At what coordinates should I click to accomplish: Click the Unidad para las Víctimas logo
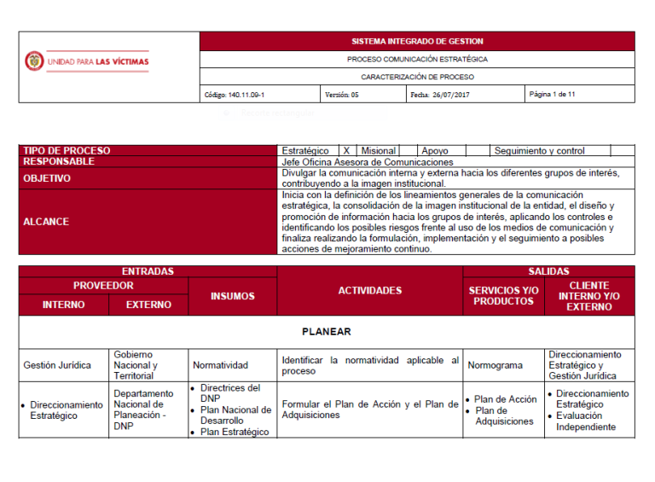pos(86,61)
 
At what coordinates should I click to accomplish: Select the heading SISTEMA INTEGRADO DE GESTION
pos(417,41)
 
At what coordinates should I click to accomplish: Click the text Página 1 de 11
pos(552,94)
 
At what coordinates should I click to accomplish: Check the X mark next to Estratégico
pos(346,151)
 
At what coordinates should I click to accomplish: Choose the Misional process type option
pos(379,151)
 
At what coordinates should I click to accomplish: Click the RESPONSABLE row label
pos(59,161)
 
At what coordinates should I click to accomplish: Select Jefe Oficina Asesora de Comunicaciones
pos(367,162)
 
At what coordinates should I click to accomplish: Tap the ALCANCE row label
pos(47,222)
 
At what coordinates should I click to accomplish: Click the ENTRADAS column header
pos(148,271)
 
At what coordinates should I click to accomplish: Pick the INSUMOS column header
pos(233,296)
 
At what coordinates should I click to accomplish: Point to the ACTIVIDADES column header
pos(369,291)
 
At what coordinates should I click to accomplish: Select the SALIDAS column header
pos(548,271)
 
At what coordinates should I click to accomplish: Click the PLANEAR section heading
pos(327,331)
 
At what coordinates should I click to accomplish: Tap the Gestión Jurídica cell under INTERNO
pos(57,365)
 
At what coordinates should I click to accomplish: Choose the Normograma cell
pos(496,365)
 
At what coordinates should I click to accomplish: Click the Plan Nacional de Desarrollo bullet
pos(235,415)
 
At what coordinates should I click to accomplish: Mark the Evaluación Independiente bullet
pos(586,421)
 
